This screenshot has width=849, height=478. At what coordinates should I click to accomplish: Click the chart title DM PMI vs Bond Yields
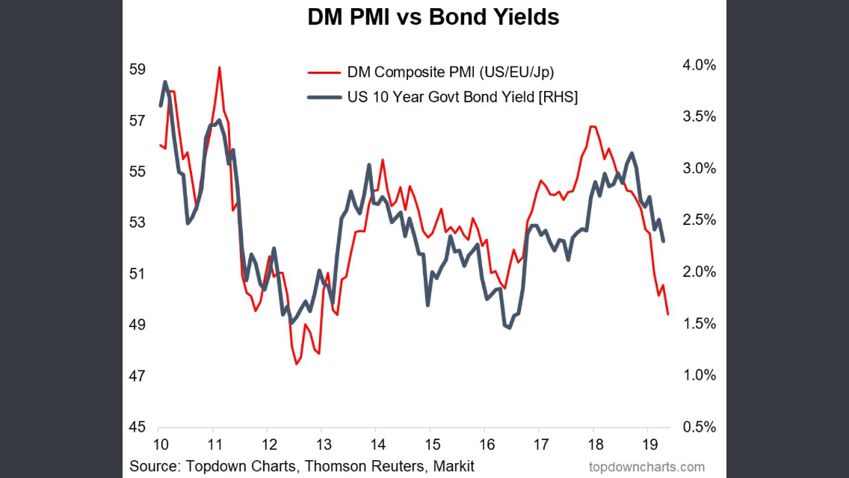(433, 18)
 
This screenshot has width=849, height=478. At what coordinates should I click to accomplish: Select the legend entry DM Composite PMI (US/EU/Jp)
(450, 72)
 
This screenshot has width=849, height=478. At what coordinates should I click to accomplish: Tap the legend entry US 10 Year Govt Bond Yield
(462, 97)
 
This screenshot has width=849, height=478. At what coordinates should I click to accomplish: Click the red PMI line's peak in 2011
(219, 67)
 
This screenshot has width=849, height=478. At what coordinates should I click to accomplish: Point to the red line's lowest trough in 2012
(296, 364)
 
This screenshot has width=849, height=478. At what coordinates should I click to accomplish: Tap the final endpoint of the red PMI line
(667, 314)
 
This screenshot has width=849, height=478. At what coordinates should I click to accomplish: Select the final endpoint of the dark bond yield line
(664, 240)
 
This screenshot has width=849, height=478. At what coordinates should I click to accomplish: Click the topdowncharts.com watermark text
(646, 467)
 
